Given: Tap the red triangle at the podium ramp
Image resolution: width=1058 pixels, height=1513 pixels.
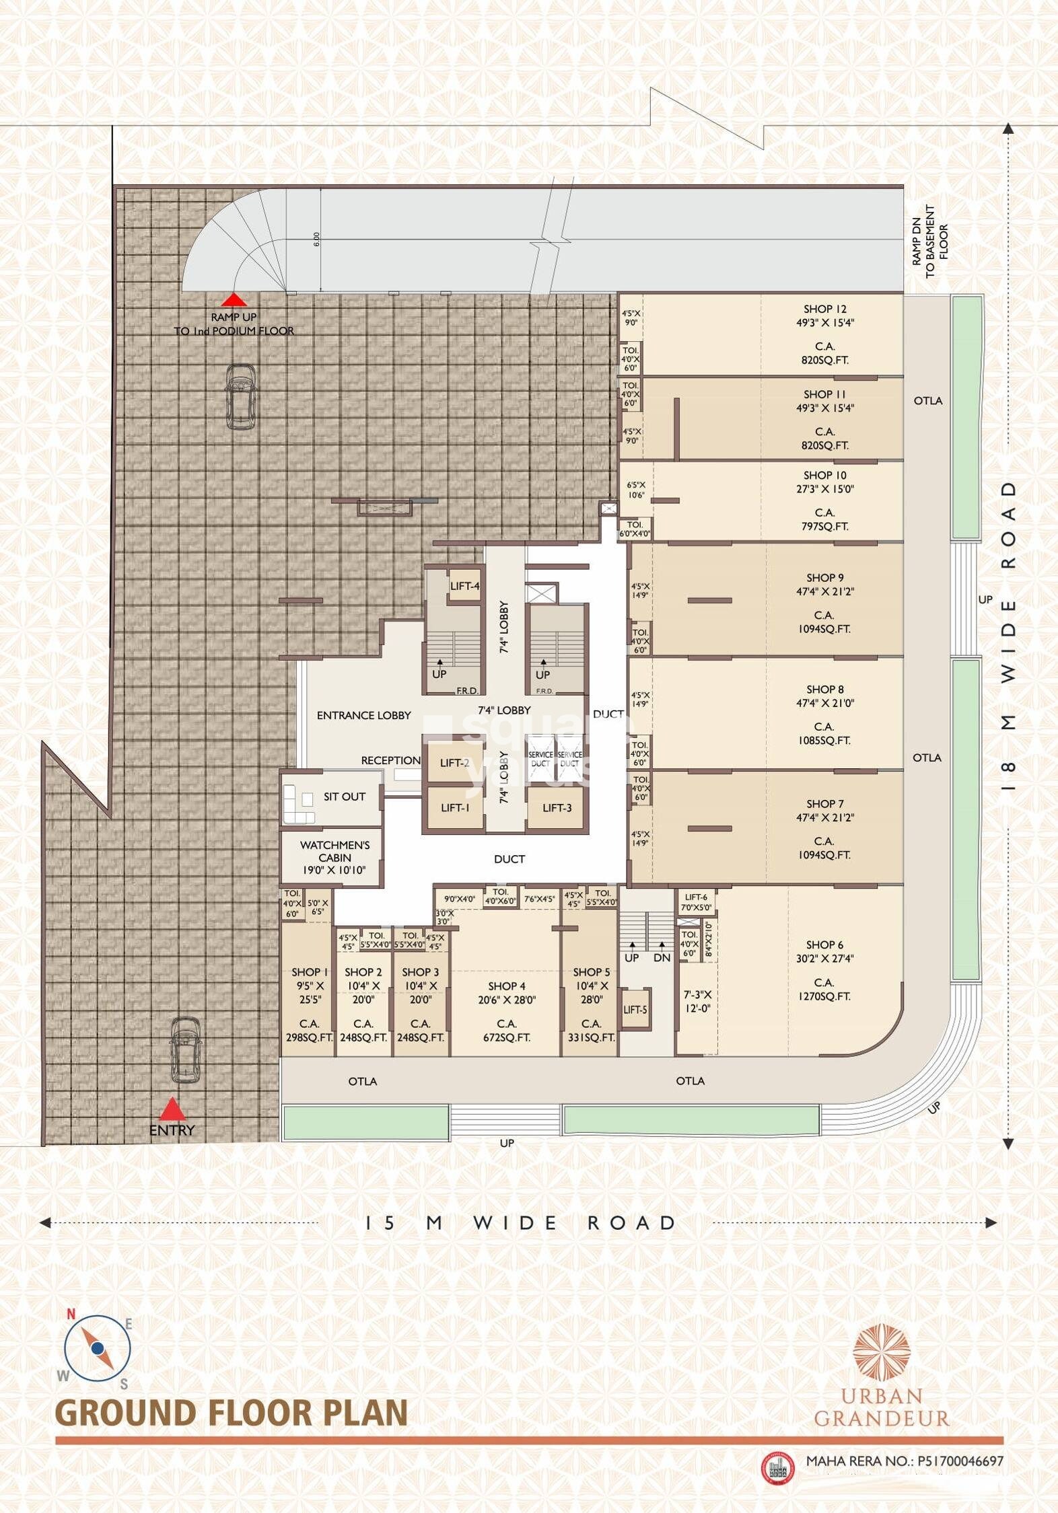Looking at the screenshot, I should [233, 300].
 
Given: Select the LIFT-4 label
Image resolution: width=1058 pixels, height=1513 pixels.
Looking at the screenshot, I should [464, 586].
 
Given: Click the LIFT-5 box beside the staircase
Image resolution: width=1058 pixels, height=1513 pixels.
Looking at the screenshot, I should [635, 1009].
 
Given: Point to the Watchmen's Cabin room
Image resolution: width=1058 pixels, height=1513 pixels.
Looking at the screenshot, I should [334, 857].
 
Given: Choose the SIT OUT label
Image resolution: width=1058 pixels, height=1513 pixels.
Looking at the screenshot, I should [344, 797].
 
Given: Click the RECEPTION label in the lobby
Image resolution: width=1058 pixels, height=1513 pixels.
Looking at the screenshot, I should [390, 760].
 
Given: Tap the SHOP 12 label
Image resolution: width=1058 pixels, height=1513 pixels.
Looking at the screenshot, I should [824, 309].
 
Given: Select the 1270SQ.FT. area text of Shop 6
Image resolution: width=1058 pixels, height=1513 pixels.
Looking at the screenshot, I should [824, 996].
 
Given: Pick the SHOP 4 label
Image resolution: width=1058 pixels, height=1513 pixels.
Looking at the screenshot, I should [506, 986].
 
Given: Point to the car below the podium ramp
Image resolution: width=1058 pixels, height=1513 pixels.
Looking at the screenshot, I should [240, 396].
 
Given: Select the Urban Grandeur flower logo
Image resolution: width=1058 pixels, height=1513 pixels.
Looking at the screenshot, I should [881, 1352].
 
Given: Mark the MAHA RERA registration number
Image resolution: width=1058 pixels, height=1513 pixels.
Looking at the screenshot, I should [905, 1461].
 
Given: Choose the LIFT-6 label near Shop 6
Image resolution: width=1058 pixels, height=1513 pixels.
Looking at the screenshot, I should [696, 897].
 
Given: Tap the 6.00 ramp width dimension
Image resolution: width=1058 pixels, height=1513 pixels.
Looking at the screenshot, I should [316, 239].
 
